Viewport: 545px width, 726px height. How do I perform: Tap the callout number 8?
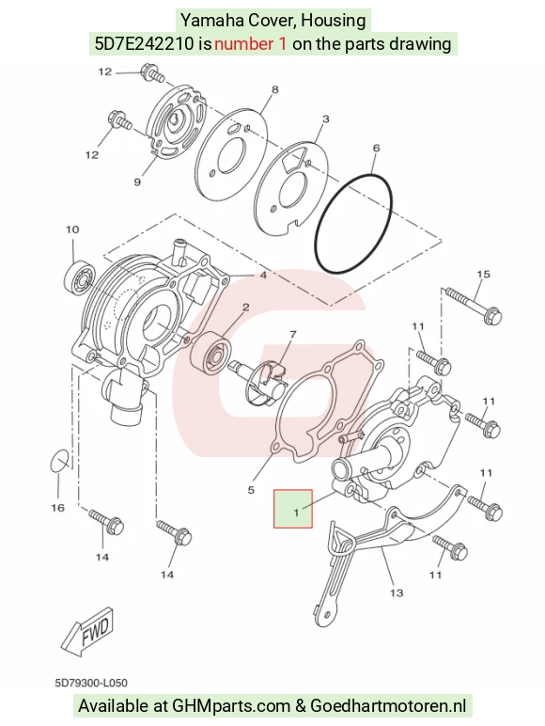coord(274,89)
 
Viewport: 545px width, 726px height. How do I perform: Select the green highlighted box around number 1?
coord(293,509)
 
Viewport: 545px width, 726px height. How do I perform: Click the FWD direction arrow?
coord(88,631)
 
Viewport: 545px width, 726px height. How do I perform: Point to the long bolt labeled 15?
coord(474,305)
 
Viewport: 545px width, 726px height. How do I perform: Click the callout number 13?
coord(397,592)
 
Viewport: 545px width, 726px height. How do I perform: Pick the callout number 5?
coord(251,490)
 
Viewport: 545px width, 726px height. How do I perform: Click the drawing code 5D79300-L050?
coord(91,683)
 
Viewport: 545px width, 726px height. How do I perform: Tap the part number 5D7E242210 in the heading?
coord(145,44)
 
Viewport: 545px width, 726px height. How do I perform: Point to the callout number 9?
coord(137,181)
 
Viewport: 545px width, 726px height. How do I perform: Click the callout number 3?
coord(326,119)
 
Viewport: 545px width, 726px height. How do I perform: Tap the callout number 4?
coord(263,276)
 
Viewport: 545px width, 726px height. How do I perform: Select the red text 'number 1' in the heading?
coord(250,44)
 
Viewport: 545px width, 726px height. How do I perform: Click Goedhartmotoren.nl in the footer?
coord(388,706)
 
